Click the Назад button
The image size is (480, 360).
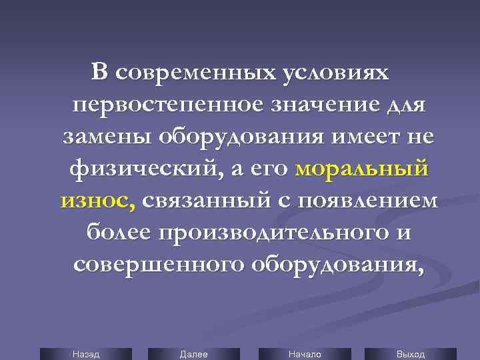[x=86, y=354]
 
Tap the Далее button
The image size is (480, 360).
[x=193, y=354]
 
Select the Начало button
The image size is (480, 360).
[x=305, y=354]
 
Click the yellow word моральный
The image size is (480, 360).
[x=361, y=169]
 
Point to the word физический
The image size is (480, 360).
[x=141, y=169]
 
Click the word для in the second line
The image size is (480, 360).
[x=407, y=105]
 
